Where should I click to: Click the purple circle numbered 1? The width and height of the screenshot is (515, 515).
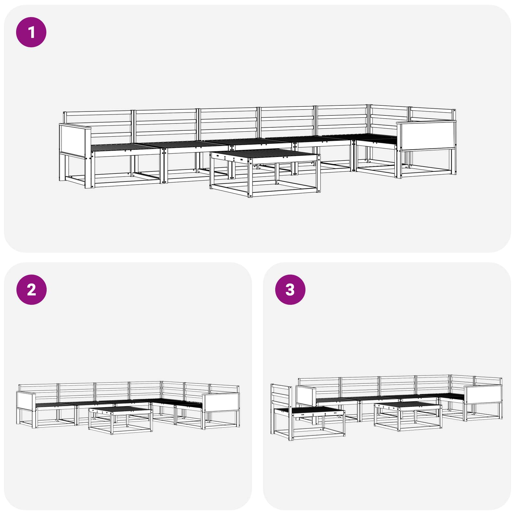(31, 32)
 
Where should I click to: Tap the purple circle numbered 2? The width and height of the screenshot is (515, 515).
(31, 290)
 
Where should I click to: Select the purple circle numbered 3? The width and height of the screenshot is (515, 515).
(290, 290)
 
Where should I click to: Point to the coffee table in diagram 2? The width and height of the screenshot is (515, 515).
(120, 420)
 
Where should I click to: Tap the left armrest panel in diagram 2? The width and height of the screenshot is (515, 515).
(25, 401)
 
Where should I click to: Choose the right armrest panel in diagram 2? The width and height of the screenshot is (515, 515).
(221, 402)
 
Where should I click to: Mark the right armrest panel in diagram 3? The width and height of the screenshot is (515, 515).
(483, 394)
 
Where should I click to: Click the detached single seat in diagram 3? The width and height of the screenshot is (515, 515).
(307, 412)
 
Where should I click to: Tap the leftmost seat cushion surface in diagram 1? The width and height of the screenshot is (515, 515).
(126, 147)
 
